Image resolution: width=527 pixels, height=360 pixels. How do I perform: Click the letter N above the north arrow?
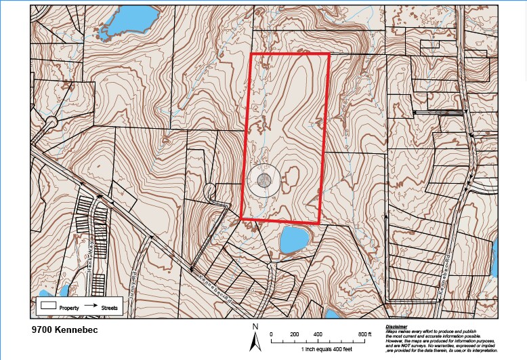tap(255, 327)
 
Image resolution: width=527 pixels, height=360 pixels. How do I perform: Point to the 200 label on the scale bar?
tap(294, 335)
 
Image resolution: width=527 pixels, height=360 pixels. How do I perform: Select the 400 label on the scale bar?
tap(318, 335)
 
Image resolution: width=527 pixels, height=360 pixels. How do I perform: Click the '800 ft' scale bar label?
tap(366, 335)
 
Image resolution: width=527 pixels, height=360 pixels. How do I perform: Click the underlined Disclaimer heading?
tap(398, 327)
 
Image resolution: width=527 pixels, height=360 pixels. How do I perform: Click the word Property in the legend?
tap(70, 308)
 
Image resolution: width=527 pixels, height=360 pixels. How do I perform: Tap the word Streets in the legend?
tap(110, 308)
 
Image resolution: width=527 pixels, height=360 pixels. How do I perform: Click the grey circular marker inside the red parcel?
tap(264, 180)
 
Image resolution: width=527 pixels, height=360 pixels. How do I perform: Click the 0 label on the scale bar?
tap(271, 335)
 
